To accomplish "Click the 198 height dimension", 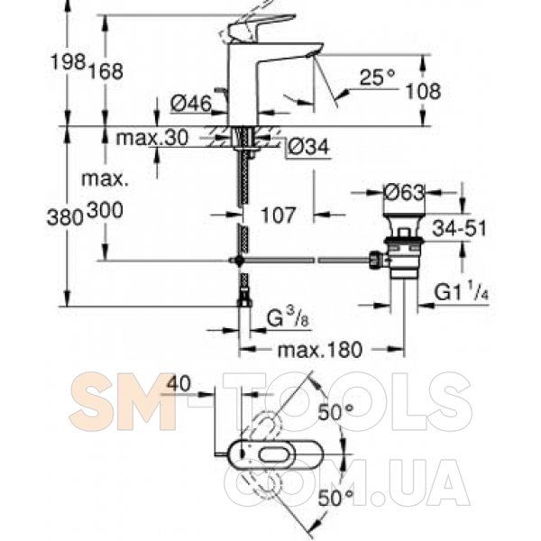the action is (x=69, y=63).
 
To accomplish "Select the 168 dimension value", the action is (x=105, y=72).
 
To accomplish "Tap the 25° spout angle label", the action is (x=377, y=78).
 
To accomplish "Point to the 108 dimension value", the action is (x=423, y=91).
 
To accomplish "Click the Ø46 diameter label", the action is (x=191, y=103).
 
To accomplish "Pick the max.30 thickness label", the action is (x=152, y=138).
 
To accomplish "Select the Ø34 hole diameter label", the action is (x=308, y=147).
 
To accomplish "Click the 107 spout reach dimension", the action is (x=278, y=215).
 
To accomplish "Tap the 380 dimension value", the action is (x=65, y=218).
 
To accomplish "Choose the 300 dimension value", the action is (x=105, y=210).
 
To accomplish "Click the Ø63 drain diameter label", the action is (x=404, y=192).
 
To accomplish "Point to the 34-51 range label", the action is (x=459, y=228).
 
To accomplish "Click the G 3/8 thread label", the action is (x=289, y=318).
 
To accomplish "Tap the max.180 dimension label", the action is (x=320, y=350).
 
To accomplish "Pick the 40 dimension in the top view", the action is (x=179, y=383).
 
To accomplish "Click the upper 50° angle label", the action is (x=335, y=412).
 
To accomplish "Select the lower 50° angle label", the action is (x=335, y=498).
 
